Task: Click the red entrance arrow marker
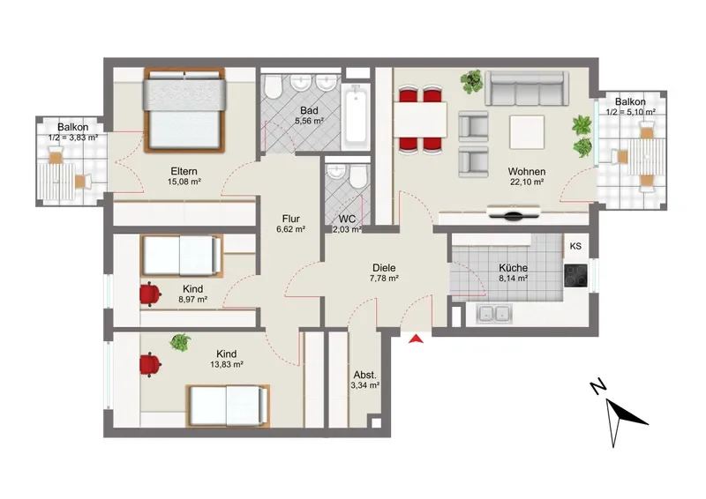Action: click(416, 339)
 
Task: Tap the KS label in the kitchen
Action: click(575, 246)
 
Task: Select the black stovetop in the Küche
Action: click(576, 275)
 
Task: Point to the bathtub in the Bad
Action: click(357, 117)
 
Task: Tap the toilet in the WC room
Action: click(358, 177)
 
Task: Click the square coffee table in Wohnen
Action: click(527, 132)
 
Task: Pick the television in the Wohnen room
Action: click(514, 213)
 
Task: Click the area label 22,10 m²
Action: click(527, 182)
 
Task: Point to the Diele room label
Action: click(384, 268)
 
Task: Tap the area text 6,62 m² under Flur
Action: click(291, 228)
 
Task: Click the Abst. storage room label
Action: click(364, 375)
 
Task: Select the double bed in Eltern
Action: click(184, 111)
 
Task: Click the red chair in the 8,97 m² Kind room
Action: click(150, 294)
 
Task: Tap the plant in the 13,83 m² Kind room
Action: click(180, 343)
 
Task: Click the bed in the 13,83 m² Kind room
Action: click(229, 406)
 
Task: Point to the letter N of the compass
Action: click(598, 386)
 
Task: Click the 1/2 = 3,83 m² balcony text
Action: click(73, 138)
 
